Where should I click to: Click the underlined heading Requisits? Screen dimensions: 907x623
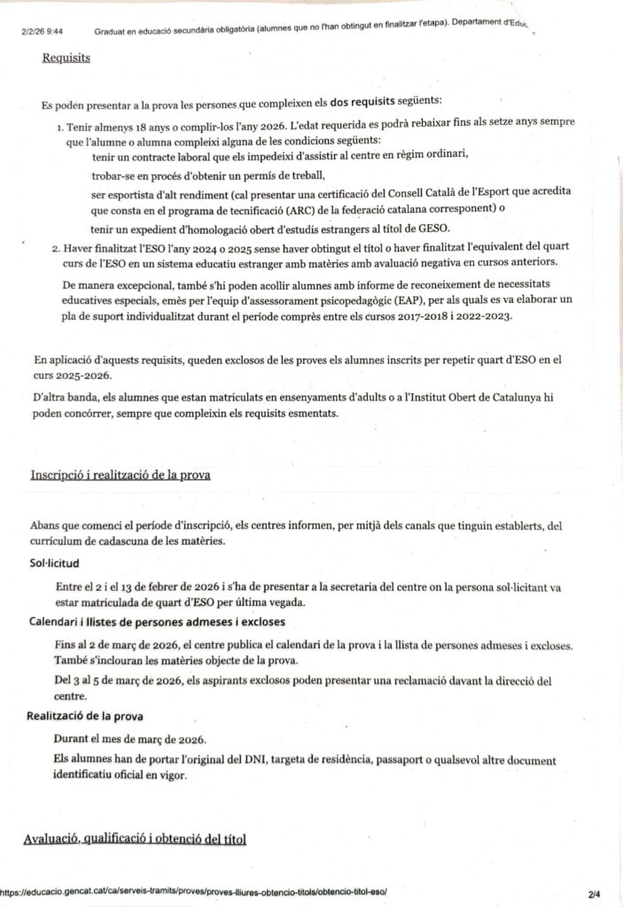pyautogui.click(x=66, y=60)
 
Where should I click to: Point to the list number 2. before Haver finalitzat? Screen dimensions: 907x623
pyautogui.click(x=58, y=245)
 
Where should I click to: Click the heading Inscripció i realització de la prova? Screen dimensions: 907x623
pyautogui.click(x=121, y=475)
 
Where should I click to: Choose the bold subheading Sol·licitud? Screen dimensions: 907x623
pyautogui.click(x=54, y=562)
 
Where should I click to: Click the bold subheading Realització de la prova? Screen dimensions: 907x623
pyautogui.click(x=85, y=716)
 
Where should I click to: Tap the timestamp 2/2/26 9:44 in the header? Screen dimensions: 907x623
pyautogui.click(x=39, y=32)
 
